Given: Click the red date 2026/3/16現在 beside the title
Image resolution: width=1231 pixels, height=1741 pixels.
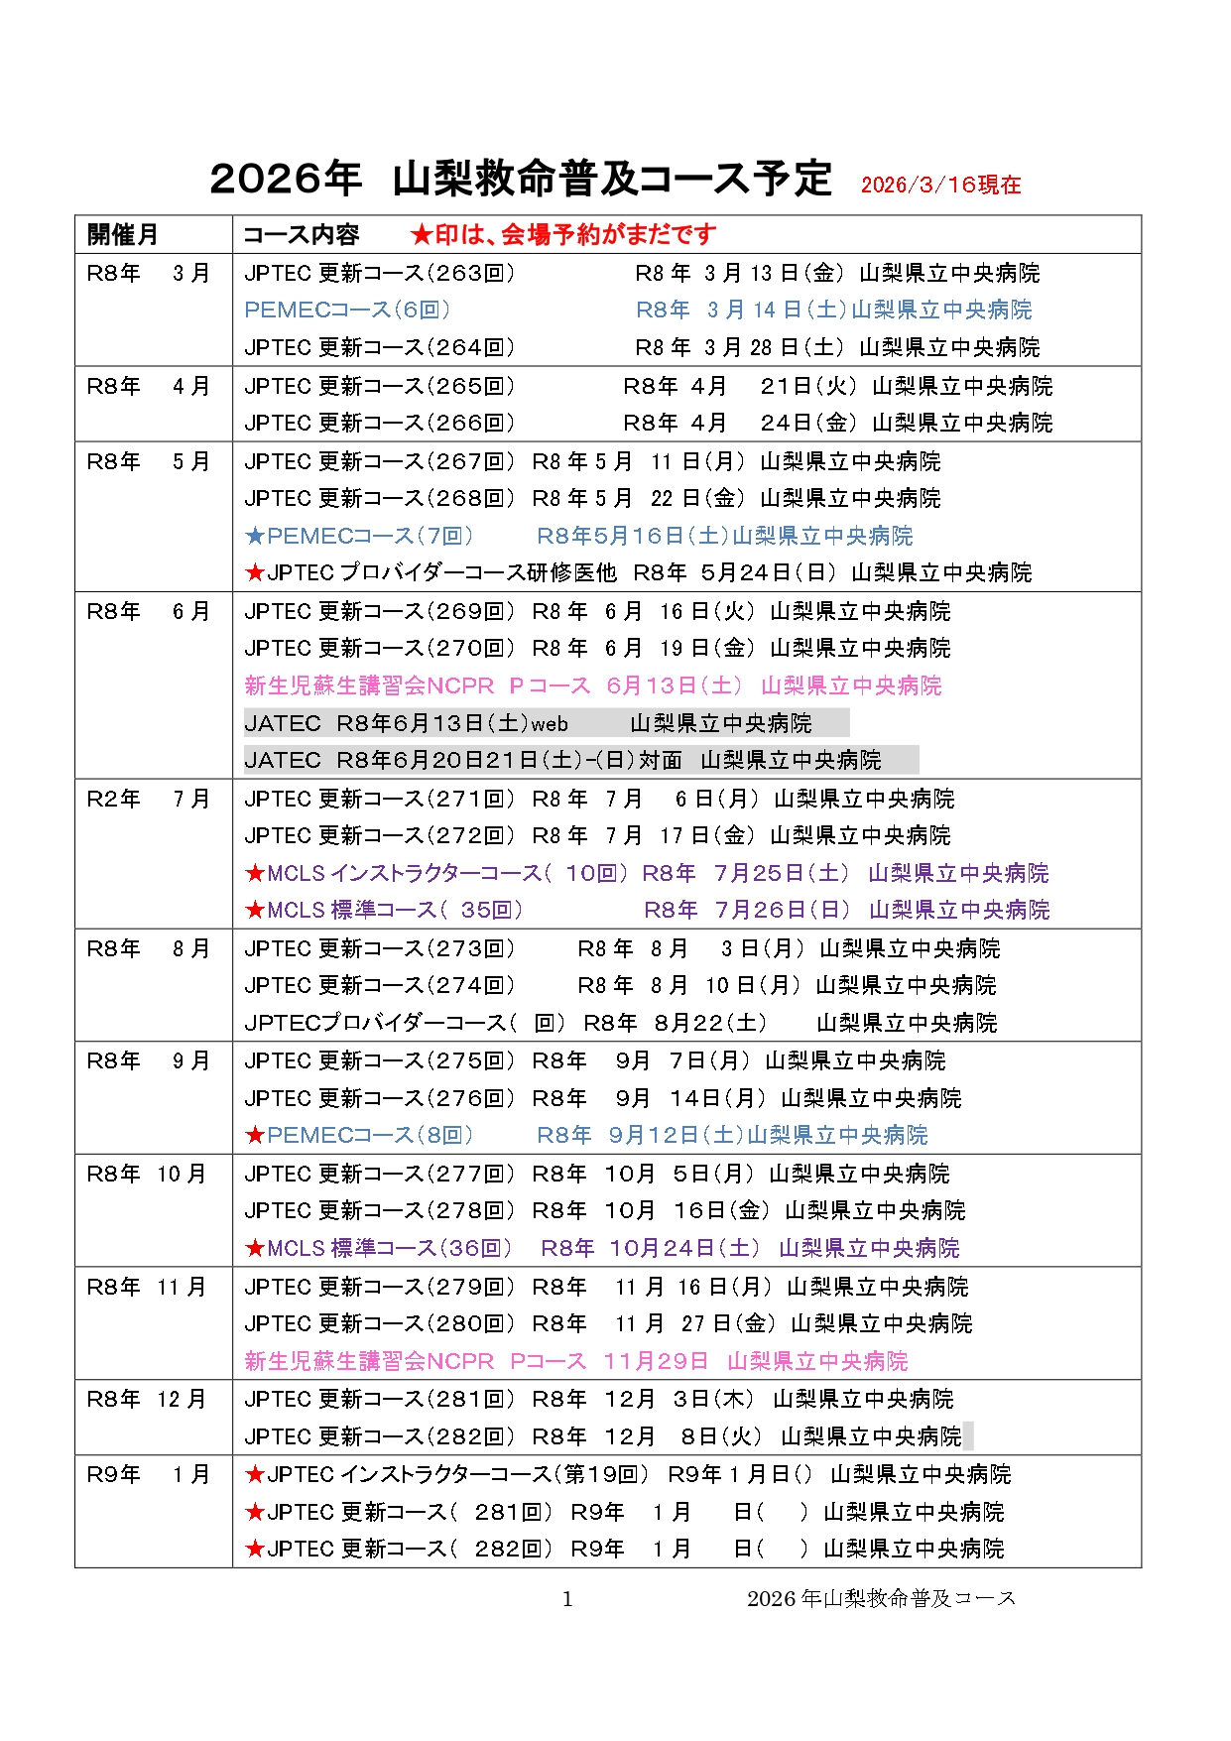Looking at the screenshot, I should click(x=940, y=185).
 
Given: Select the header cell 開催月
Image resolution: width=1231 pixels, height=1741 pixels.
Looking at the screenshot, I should click(x=122, y=235).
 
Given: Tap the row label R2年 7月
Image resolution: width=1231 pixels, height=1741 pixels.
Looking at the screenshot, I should click(x=148, y=799).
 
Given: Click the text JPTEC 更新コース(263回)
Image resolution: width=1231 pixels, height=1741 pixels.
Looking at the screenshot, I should click(x=380, y=273).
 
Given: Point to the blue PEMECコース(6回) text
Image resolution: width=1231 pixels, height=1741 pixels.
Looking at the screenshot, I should click(x=347, y=310).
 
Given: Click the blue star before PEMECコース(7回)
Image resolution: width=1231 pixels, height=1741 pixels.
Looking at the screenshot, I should click(x=255, y=537).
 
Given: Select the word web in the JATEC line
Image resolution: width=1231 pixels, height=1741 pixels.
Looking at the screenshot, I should click(x=550, y=724).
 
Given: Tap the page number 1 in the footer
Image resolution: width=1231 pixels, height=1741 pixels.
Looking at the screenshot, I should click(x=567, y=1598).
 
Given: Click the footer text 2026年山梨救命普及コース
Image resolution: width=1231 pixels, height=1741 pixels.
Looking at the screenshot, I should click(x=881, y=1598).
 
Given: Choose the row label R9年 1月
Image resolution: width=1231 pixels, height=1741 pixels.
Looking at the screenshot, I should click(x=148, y=1474).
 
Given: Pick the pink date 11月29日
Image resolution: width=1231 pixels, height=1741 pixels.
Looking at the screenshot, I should click(x=656, y=1361).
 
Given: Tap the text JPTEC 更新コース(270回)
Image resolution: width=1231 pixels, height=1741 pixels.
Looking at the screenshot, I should click(x=380, y=648).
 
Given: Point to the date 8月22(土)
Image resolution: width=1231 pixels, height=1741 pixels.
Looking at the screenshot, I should click(x=710, y=1023).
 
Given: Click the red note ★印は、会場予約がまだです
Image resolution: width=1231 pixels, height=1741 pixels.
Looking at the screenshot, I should click(x=562, y=235).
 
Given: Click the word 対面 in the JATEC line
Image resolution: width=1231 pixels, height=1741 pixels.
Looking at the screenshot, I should click(x=660, y=760).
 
